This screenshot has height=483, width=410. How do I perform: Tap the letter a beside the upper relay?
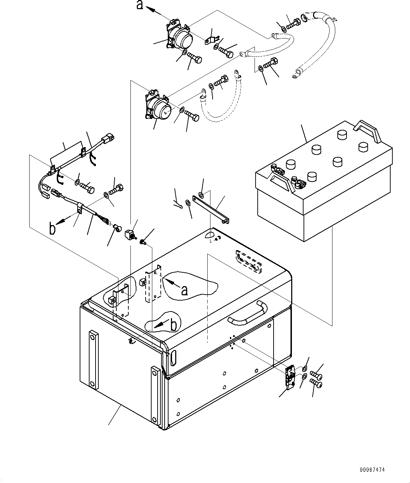140,5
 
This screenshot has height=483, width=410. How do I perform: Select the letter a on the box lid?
184,291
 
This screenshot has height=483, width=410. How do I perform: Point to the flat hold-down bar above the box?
210,209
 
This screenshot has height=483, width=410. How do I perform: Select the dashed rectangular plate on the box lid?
249,262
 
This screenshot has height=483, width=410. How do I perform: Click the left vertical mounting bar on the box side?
94,360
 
